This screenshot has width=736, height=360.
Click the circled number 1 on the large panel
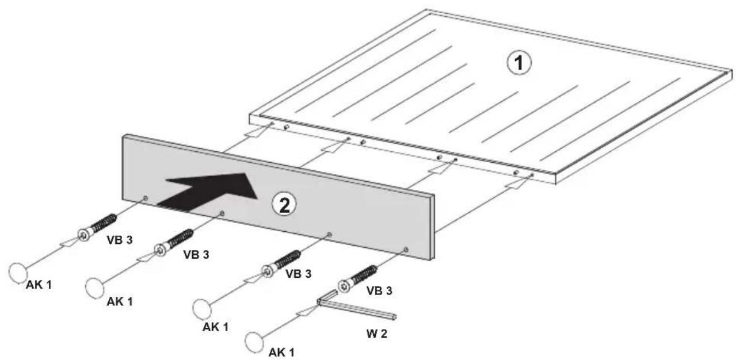pyautogui.click(x=519, y=63)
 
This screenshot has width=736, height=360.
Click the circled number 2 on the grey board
pyautogui.click(x=284, y=205)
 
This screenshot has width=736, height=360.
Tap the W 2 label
pyautogui.click(x=376, y=334)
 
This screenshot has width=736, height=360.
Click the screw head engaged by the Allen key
pyautogui.click(x=344, y=286)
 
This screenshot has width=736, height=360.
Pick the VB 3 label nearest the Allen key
pyautogui.click(x=379, y=290)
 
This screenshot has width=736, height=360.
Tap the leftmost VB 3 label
pyautogui.click(x=120, y=240)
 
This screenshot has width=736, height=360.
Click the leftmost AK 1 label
pyautogui.click(x=39, y=285)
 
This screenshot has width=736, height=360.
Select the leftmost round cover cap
pyautogui.click(x=18, y=273)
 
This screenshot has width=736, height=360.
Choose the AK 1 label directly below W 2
pyautogui.click(x=281, y=353)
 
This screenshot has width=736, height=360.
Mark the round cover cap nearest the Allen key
pyautogui.click(x=254, y=342)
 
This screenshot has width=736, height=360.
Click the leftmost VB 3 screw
pyautogui.click(x=97, y=227)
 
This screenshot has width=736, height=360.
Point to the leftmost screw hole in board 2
pyautogui.click(x=146, y=198)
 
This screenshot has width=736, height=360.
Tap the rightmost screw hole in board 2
pyautogui.click(x=406, y=250)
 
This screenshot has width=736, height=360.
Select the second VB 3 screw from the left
pyautogui.click(x=174, y=243)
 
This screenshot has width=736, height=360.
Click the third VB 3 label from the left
pyautogui.click(x=298, y=274)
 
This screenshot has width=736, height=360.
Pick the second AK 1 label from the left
pyautogui.click(x=120, y=301)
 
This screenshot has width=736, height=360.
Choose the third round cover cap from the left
pyautogui.click(x=202, y=309)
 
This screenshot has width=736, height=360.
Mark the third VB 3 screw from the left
pyautogui.click(x=281, y=264)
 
